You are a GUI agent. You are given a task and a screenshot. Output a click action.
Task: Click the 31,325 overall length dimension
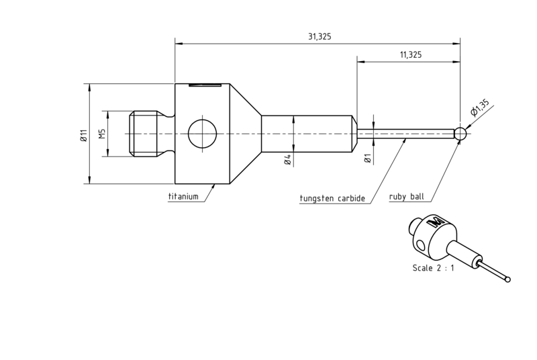point(320,36)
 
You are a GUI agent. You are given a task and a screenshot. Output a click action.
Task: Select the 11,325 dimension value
point(411,55)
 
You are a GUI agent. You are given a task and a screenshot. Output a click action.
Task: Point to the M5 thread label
point(102,134)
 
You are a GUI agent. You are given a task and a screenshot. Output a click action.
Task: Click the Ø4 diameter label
point(288,160)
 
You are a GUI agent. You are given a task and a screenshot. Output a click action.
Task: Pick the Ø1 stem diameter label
point(367,159)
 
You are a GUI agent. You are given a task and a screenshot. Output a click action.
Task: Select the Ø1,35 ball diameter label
point(480,108)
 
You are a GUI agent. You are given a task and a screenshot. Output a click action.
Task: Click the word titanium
point(183,197)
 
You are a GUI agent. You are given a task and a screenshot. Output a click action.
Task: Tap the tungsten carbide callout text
point(332,198)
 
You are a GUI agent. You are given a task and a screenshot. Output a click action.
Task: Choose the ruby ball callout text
point(407,197)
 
